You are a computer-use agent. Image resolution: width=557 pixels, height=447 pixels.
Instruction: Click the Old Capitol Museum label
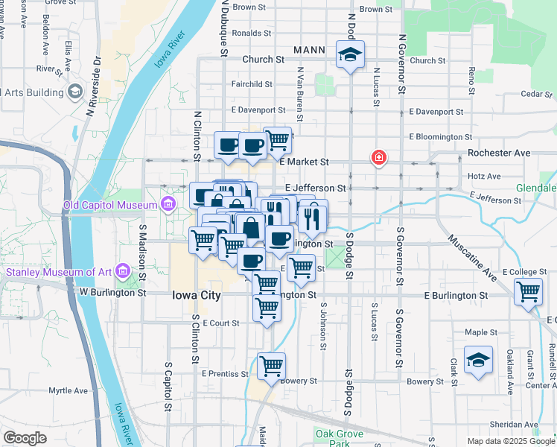click(109, 205)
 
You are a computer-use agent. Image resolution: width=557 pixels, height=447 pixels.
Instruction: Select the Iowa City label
click(196, 295)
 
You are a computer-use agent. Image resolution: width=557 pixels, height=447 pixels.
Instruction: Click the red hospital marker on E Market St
click(379, 157)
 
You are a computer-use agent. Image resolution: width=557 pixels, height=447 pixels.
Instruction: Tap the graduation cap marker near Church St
click(348, 55)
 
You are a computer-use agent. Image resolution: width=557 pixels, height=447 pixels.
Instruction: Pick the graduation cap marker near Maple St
click(478, 361)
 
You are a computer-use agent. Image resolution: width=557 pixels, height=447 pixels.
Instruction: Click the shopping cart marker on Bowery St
click(271, 366)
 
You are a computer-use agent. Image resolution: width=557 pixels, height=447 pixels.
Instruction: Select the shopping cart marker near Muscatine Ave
click(528, 291)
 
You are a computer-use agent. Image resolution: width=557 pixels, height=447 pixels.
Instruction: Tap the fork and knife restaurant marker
click(313, 216)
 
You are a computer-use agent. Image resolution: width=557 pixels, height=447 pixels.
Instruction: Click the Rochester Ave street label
click(499, 153)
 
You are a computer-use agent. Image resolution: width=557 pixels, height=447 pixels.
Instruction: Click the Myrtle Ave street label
click(69, 390)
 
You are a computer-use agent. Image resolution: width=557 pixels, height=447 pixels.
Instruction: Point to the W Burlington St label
click(113, 293)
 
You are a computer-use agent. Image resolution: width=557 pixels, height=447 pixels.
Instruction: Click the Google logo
click(25, 438)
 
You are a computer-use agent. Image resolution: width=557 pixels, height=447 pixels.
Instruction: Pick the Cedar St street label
click(535, 94)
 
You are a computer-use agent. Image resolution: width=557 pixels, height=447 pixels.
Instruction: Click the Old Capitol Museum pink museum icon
click(169, 204)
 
